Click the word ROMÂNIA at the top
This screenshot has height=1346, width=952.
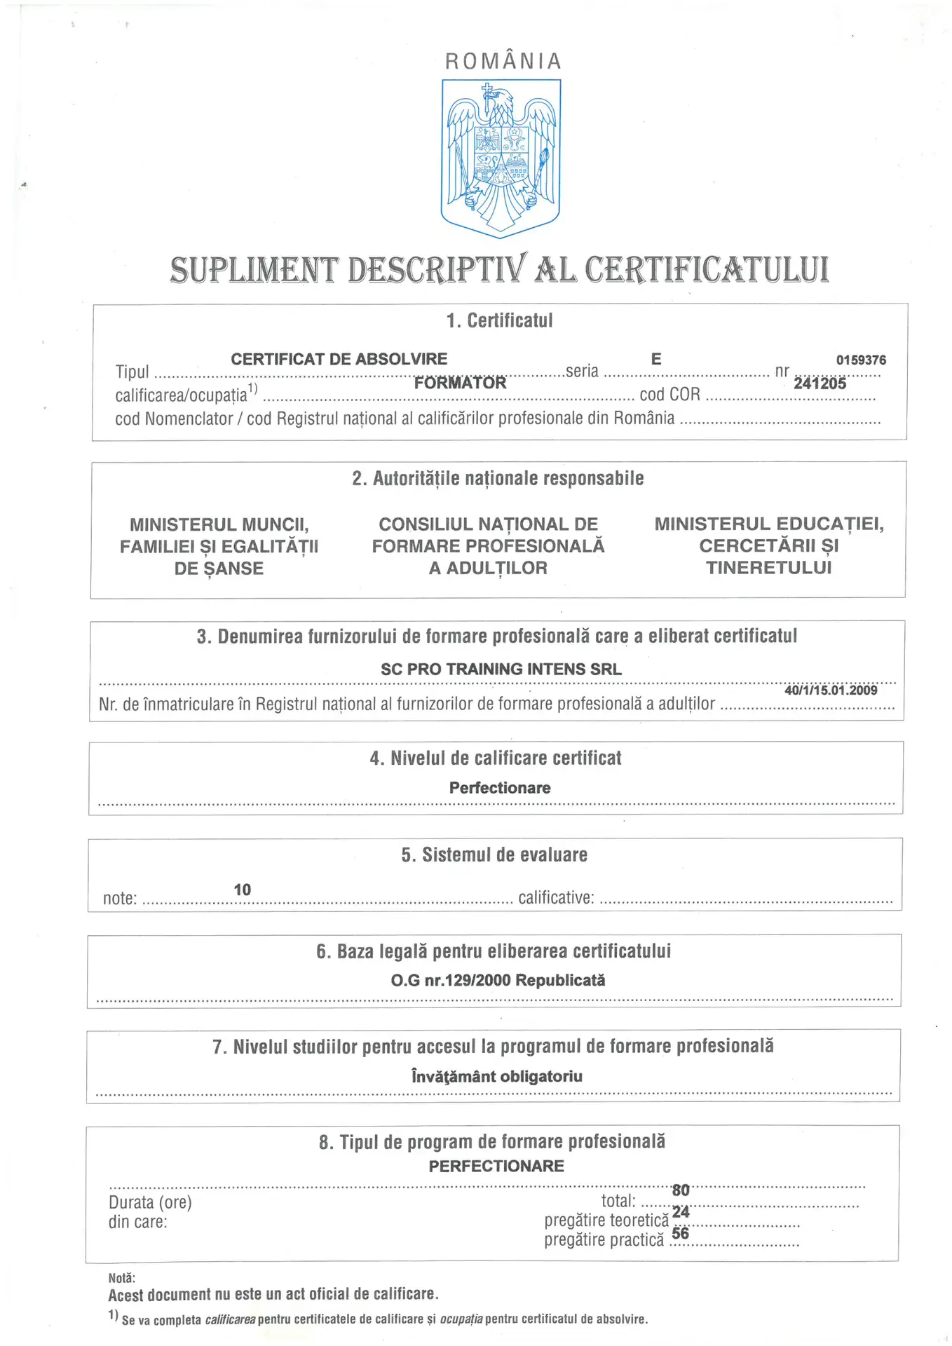pos(503,62)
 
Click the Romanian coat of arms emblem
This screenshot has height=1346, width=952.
pos(501,158)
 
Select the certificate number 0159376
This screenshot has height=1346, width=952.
pos(860,360)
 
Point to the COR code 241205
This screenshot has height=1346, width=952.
pos(820,383)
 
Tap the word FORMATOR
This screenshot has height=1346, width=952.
pos(460,383)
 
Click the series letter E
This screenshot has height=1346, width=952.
pos(655,359)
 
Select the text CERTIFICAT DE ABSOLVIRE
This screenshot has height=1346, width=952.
pos(339,359)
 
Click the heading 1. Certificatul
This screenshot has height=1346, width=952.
pos(499,320)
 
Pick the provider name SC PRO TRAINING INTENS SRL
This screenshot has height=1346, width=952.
pos(501,669)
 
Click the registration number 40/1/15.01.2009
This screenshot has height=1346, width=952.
pos(831,690)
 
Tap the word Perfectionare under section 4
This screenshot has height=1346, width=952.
pos(499,788)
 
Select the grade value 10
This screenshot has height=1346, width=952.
pos(242,890)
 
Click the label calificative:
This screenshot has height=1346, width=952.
pos(556,898)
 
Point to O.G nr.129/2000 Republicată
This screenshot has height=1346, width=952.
pos(498,980)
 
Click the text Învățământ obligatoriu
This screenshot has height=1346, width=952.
pos(496,1076)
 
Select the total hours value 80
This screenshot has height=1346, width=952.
pos(680,1190)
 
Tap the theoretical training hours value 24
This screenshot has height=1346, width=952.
pos(680,1212)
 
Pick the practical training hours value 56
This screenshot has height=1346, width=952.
pos(680,1233)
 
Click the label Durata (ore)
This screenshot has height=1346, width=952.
pos(150,1202)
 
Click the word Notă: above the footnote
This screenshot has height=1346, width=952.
pos(122,1278)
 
